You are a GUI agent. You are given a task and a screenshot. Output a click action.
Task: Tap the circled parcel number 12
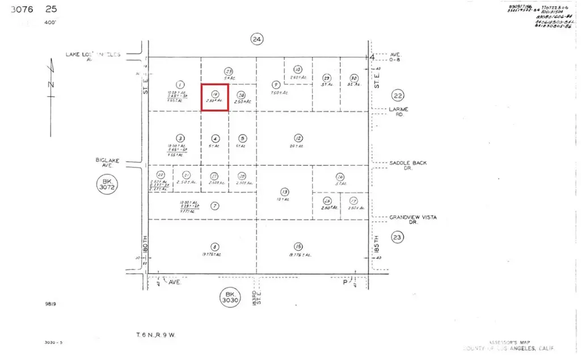point(298,138)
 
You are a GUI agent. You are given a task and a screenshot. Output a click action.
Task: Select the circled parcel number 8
point(214,246)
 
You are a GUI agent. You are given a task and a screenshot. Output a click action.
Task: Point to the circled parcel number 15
point(298,246)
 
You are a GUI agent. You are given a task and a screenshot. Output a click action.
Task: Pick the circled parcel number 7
point(214,206)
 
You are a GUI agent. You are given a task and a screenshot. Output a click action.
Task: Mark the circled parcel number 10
point(298,70)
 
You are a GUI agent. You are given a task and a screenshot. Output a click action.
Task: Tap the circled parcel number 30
point(354,78)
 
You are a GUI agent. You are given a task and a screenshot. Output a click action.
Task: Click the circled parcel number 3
point(180,138)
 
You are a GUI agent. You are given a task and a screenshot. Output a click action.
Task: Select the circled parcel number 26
point(340,176)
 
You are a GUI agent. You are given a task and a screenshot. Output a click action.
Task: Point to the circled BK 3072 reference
point(106,186)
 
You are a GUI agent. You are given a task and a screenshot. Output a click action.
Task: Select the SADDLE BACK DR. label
point(408,165)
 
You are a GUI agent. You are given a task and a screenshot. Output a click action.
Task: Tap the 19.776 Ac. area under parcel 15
point(298,255)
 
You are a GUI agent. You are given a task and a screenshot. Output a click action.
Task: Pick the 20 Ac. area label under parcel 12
point(298,146)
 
